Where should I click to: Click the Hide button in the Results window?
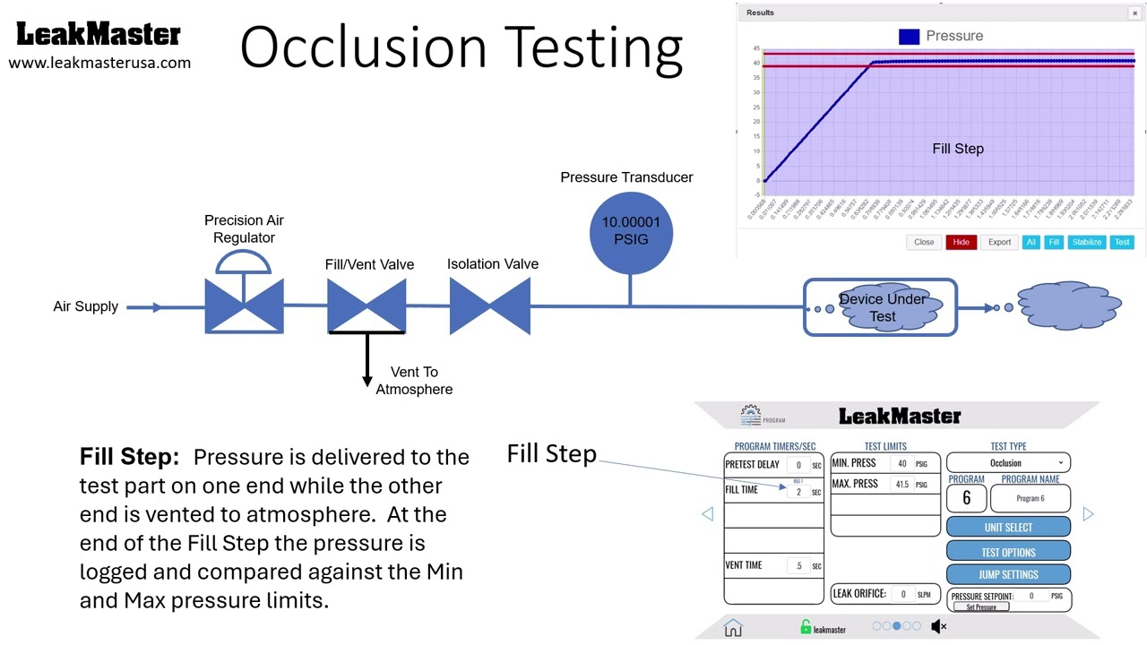(x=961, y=242)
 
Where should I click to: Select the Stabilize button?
(x=1087, y=242)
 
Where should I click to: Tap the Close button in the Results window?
(x=924, y=242)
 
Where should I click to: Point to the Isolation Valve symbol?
(x=490, y=306)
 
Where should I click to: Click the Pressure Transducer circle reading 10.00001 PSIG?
(x=631, y=232)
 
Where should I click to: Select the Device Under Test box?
(x=881, y=308)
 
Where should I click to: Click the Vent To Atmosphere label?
(x=414, y=381)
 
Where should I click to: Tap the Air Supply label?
(x=86, y=306)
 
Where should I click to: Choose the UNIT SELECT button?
(x=1008, y=528)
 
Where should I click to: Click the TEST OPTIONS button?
(x=1008, y=552)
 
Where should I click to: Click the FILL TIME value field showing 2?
(x=798, y=492)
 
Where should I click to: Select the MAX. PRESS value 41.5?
(x=901, y=485)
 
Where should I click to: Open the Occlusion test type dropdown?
(x=1008, y=463)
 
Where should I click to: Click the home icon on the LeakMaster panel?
(x=733, y=627)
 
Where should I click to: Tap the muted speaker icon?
(x=938, y=627)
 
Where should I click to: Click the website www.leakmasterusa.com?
(x=99, y=63)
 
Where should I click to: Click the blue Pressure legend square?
(x=909, y=37)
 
